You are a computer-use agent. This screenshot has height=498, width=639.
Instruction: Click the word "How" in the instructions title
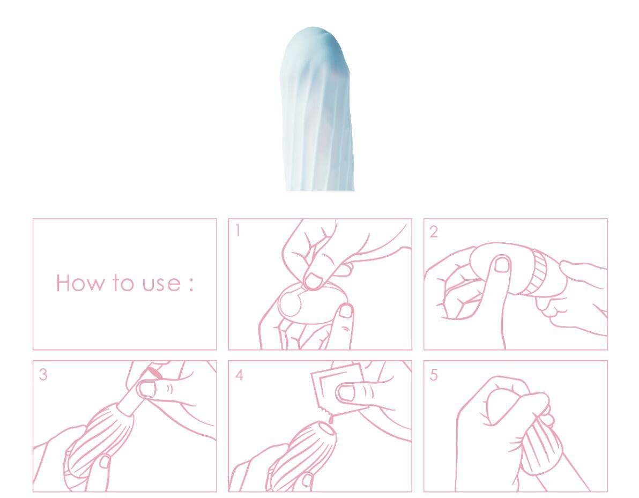[x=79, y=283]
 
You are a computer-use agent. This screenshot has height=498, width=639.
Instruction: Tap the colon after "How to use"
[x=190, y=284]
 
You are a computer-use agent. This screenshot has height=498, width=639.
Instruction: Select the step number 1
[x=237, y=231]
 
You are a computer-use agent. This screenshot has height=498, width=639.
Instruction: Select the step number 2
[x=434, y=232]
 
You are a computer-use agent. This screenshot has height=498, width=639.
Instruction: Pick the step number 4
[x=239, y=375]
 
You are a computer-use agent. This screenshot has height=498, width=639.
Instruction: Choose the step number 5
[x=434, y=375]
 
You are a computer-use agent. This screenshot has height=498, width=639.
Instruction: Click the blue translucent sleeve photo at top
[x=317, y=109]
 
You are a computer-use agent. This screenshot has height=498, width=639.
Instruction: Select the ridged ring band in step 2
[x=537, y=272]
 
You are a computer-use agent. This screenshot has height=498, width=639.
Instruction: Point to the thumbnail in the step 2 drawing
[x=502, y=264]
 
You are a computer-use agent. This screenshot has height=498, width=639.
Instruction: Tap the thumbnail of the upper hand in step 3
[x=147, y=389]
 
